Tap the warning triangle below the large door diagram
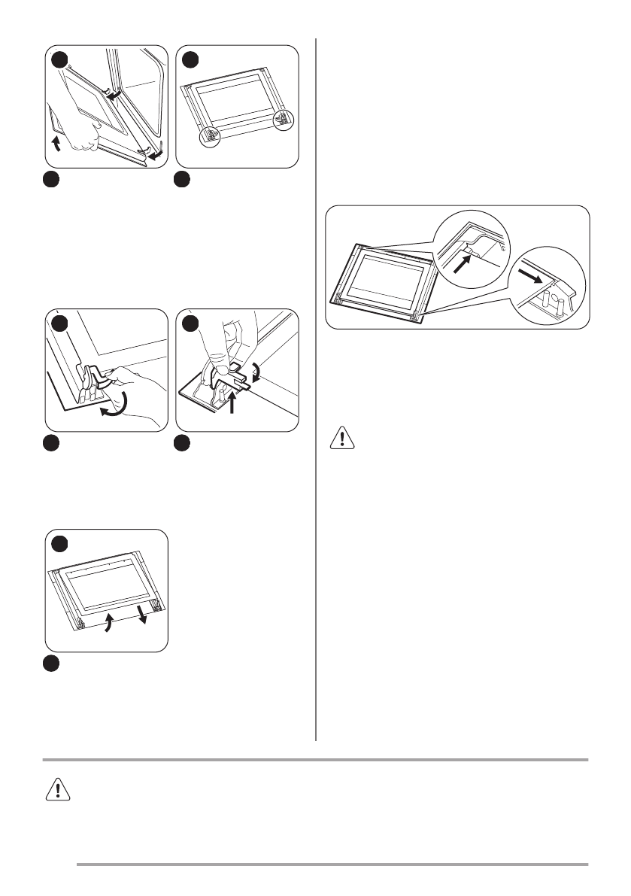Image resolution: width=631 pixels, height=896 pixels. point(342,439)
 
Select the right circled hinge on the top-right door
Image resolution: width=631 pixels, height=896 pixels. point(282,118)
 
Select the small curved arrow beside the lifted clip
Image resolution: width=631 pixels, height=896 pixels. point(256,370)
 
